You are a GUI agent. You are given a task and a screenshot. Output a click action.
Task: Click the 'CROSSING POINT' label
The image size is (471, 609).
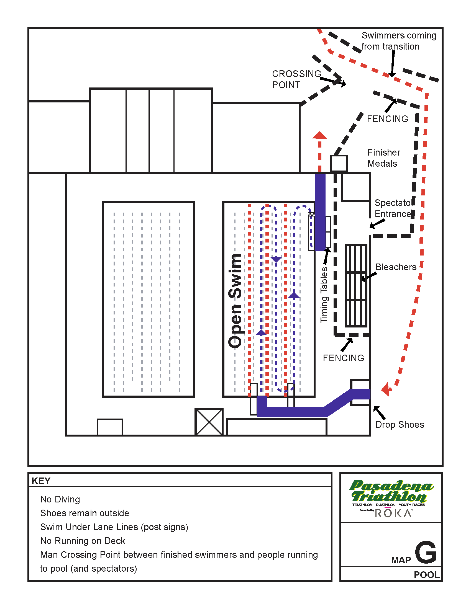click(296, 79)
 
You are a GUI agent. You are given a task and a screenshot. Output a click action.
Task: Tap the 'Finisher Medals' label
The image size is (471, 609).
click(384, 158)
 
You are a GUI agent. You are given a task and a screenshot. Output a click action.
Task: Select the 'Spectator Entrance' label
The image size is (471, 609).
click(393, 208)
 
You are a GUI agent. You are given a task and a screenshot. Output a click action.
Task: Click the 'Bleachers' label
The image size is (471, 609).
click(396, 267)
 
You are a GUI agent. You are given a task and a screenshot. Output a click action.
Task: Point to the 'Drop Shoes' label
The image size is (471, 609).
click(400, 424)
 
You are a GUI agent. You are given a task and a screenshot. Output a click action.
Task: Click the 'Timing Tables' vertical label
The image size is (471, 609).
click(324, 295)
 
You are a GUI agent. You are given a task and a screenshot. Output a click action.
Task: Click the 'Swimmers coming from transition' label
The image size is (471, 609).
click(398, 41)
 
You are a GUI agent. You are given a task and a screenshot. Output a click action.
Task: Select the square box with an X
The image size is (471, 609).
click(209, 422)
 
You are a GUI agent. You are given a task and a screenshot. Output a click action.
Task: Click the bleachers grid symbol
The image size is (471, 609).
click(356, 286)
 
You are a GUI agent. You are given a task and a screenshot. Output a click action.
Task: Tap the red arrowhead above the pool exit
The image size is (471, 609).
click(319, 136)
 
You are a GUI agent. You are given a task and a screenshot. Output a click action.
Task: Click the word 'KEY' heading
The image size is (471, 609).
click(41, 481)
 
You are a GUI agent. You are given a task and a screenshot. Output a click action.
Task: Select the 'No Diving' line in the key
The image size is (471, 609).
click(60, 499)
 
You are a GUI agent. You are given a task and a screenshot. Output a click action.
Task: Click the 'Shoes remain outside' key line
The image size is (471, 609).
click(85, 513)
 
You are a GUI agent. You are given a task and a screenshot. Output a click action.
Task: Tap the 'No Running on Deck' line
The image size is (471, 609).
click(83, 541)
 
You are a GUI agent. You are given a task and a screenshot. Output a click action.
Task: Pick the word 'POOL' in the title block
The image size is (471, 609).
click(426, 575)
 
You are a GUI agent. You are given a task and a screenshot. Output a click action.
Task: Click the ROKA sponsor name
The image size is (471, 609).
click(393, 513)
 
